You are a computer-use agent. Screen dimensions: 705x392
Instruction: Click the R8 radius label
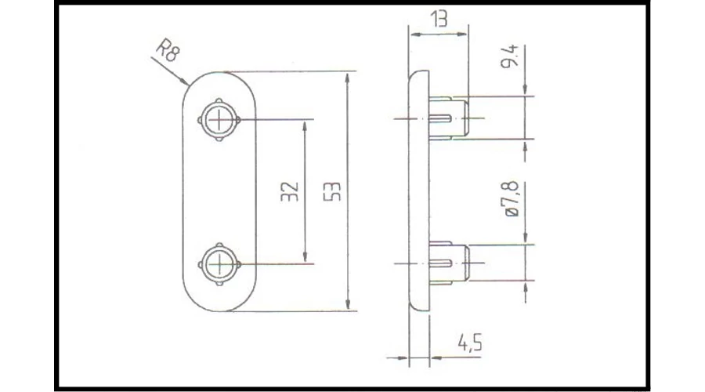coord(168,50)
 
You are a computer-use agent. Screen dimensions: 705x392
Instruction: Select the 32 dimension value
coord(290,191)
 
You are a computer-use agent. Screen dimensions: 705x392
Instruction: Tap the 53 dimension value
coord(332,191)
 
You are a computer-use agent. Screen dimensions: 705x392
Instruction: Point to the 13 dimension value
coord(439,19)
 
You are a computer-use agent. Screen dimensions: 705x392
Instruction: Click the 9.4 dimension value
coord(510,56)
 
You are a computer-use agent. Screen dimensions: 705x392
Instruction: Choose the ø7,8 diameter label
coord(512,199)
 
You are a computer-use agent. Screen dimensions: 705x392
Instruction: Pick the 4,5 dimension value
coord(470,343)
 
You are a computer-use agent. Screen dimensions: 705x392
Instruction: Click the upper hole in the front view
coord(219,120)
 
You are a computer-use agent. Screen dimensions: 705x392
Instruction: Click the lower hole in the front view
coord(219,264)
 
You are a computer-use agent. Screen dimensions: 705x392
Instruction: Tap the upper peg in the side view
coord(449,118)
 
